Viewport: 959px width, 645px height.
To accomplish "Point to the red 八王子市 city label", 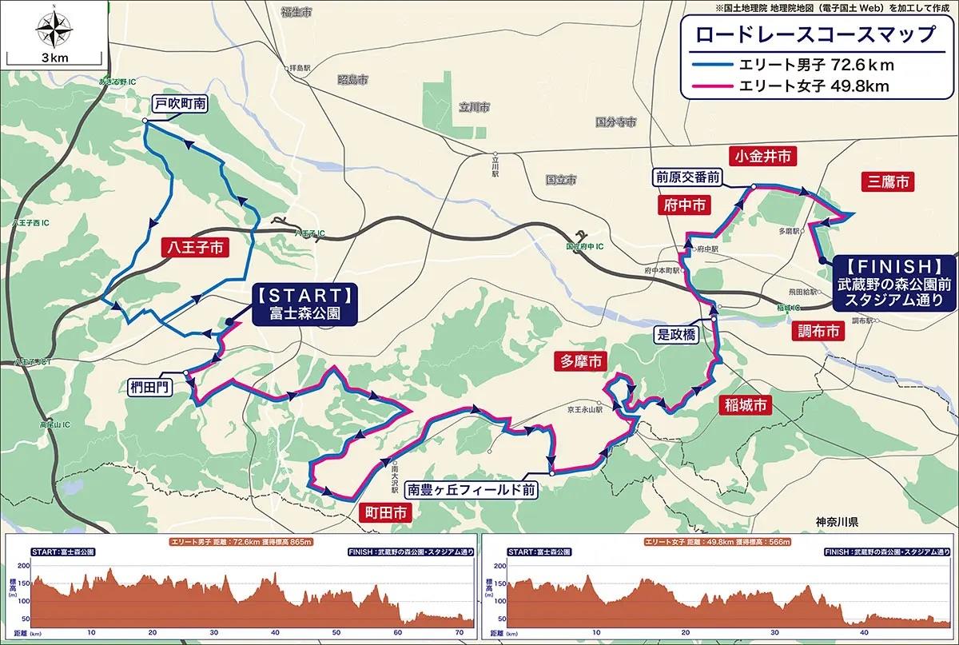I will point(195,248).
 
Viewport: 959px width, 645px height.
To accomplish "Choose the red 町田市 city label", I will point(386,512).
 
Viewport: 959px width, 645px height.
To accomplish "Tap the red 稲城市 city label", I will point(743,405).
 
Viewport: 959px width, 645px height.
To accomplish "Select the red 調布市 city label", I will point(819,331).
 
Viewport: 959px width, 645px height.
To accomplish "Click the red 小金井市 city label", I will point(764,157).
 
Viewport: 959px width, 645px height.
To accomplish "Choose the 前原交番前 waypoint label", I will point(688,175).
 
